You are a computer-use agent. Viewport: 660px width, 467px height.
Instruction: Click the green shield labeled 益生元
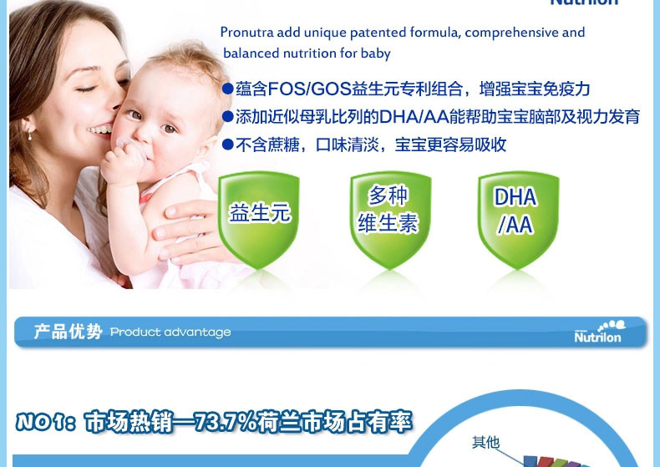coord(259,220)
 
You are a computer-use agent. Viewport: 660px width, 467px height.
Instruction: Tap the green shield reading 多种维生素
coord(390,220)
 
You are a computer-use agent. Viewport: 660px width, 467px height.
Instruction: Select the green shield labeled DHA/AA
coord(518,220)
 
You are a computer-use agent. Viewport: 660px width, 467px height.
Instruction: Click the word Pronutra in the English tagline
coord(247,33)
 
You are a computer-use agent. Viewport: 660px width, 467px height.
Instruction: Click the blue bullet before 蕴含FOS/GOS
coord(228,89)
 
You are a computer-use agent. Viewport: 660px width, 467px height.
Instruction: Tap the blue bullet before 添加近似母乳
coord(228,116)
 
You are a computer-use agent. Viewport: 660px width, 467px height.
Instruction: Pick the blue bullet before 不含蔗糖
coord(228,145)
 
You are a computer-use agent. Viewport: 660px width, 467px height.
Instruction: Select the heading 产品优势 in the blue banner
coord(69,332)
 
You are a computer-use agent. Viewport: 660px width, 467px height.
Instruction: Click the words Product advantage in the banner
coord(170,332)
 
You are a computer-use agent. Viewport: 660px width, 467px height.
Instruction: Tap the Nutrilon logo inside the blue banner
coord(599,332)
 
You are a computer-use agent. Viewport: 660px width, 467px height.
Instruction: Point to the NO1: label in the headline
coord(46,422)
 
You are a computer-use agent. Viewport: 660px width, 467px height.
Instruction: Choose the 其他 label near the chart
coord(485,442)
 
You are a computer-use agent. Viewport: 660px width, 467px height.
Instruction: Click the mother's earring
coord(30,135)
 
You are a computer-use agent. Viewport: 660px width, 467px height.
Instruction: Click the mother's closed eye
coord(86,89)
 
